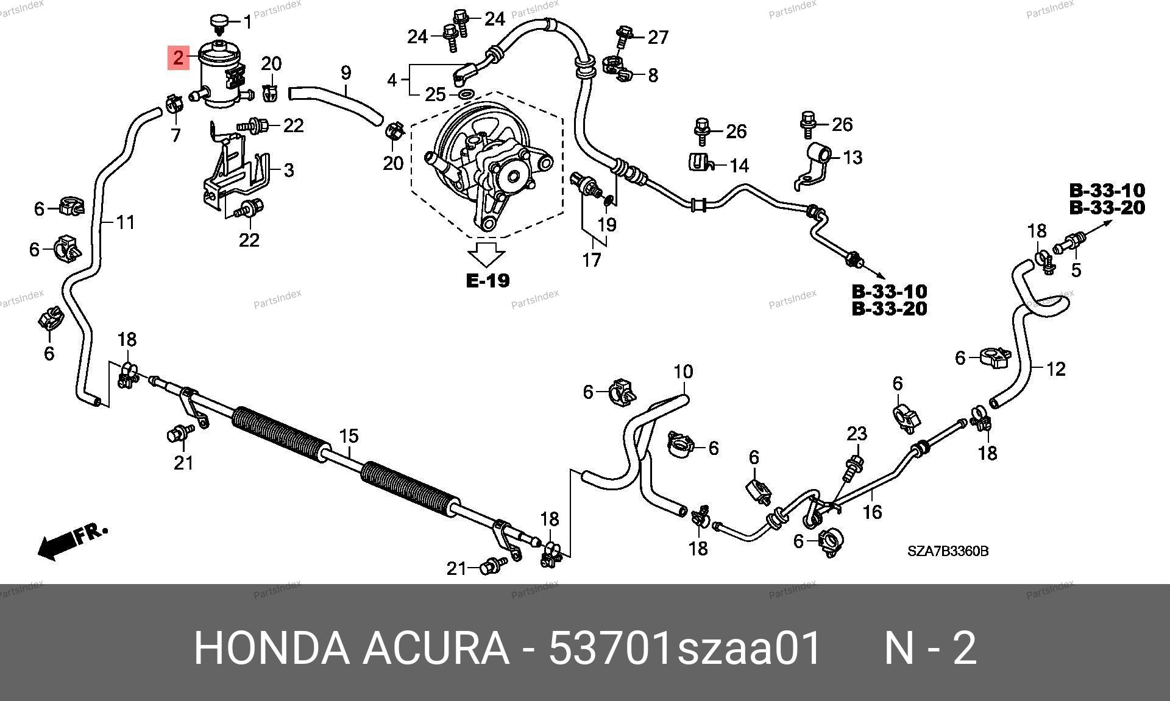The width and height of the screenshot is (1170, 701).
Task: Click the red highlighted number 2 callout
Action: (x=178, y=58)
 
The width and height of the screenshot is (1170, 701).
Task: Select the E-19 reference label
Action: (x=487, y=281)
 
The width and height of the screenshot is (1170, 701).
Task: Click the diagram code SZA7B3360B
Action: (x=948, y=552)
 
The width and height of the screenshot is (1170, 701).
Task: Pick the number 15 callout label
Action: (x=349, y=436)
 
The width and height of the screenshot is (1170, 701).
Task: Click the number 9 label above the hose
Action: (x=346, y=73)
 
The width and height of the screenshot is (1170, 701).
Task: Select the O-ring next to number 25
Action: (x=466, y=94)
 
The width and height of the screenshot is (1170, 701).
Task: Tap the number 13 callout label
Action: (x=853, y=157)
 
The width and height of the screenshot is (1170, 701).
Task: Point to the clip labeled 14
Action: (x=700, y=162)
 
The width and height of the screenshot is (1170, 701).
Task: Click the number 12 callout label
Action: (x=1055, y=368)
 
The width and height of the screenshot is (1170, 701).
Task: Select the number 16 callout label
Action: (x=873, y=512)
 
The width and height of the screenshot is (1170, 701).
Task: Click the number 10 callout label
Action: (x=683, y=372)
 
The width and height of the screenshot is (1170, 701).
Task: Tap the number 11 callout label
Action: (x=125, y=222)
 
